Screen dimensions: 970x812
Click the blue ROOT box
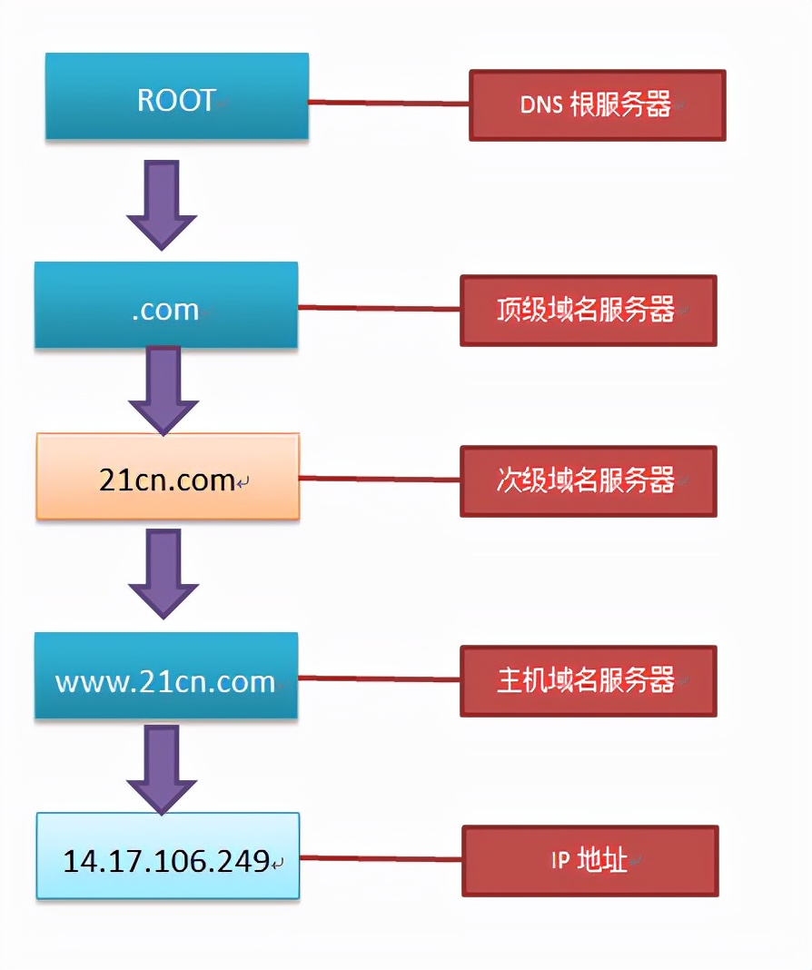click(176, 96)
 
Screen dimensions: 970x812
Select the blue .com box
click(166, 305)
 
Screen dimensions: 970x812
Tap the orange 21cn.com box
click(167, 476)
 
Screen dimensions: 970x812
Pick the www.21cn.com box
click(166, 676)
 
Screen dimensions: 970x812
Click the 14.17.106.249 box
click(167, 856)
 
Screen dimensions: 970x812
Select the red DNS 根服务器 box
click(597, 105)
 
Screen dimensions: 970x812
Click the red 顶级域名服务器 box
click(588, 311)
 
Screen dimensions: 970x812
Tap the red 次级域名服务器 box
click(588, 480)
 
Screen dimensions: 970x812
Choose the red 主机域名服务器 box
click(588, 680)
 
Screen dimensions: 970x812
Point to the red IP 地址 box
click(589, 860)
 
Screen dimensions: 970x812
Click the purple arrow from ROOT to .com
click(162, 204)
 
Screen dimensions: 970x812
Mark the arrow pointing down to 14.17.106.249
click(162, 768)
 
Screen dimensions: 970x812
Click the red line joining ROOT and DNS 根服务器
click(388, 103)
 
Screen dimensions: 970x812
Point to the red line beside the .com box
click(379, 308)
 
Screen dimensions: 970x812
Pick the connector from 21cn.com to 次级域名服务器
click(380, 478)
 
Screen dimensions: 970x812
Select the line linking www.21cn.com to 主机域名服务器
click(379, 678)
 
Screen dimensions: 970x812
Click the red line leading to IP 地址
click(381, 857)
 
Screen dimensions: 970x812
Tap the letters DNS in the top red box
click(540, 105)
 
